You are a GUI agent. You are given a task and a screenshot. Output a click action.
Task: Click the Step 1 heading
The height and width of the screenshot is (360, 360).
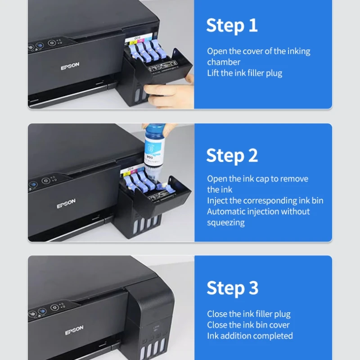pyautogui.click(x=232, y=26)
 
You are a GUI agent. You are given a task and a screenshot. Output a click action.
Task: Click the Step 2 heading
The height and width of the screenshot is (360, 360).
pyautogui.click(x=232, y=156)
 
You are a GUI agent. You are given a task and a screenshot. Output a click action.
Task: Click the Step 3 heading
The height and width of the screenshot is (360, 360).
pyautogui.click(x=232, y=288)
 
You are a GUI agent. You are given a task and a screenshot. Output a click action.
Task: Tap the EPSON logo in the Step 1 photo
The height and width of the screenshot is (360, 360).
pyautogui.click(x=70, y=67)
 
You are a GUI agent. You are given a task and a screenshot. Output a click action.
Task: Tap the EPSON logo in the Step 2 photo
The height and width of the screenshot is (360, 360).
pyautogui.click(x=66, y=204)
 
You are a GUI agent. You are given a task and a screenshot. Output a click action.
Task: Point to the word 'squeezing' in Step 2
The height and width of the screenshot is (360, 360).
pyautogui.click(x=225, y=223)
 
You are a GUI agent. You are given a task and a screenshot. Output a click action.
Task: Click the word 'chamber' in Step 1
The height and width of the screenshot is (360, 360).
pyautogui.click(x=224, y=62)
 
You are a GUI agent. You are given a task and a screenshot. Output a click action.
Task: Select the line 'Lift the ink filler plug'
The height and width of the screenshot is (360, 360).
pyautogui.click(x=244, y=73)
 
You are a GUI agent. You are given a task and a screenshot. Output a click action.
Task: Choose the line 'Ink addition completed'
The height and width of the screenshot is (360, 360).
pyautogui.click(x=250, y=336)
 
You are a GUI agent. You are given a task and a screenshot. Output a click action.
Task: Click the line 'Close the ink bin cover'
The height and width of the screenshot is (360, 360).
pyautogui.click(x=248, y=325)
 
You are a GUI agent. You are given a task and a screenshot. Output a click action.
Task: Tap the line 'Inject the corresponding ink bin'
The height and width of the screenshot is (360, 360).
pyautogui.click(x=265, y=201)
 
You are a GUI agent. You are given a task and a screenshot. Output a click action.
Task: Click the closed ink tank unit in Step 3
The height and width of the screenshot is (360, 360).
pyautogui.click(x=151, y=324)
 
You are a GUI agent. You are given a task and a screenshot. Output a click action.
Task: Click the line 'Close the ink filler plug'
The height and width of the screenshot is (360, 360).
pyautogui.click(x=248, y=314)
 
